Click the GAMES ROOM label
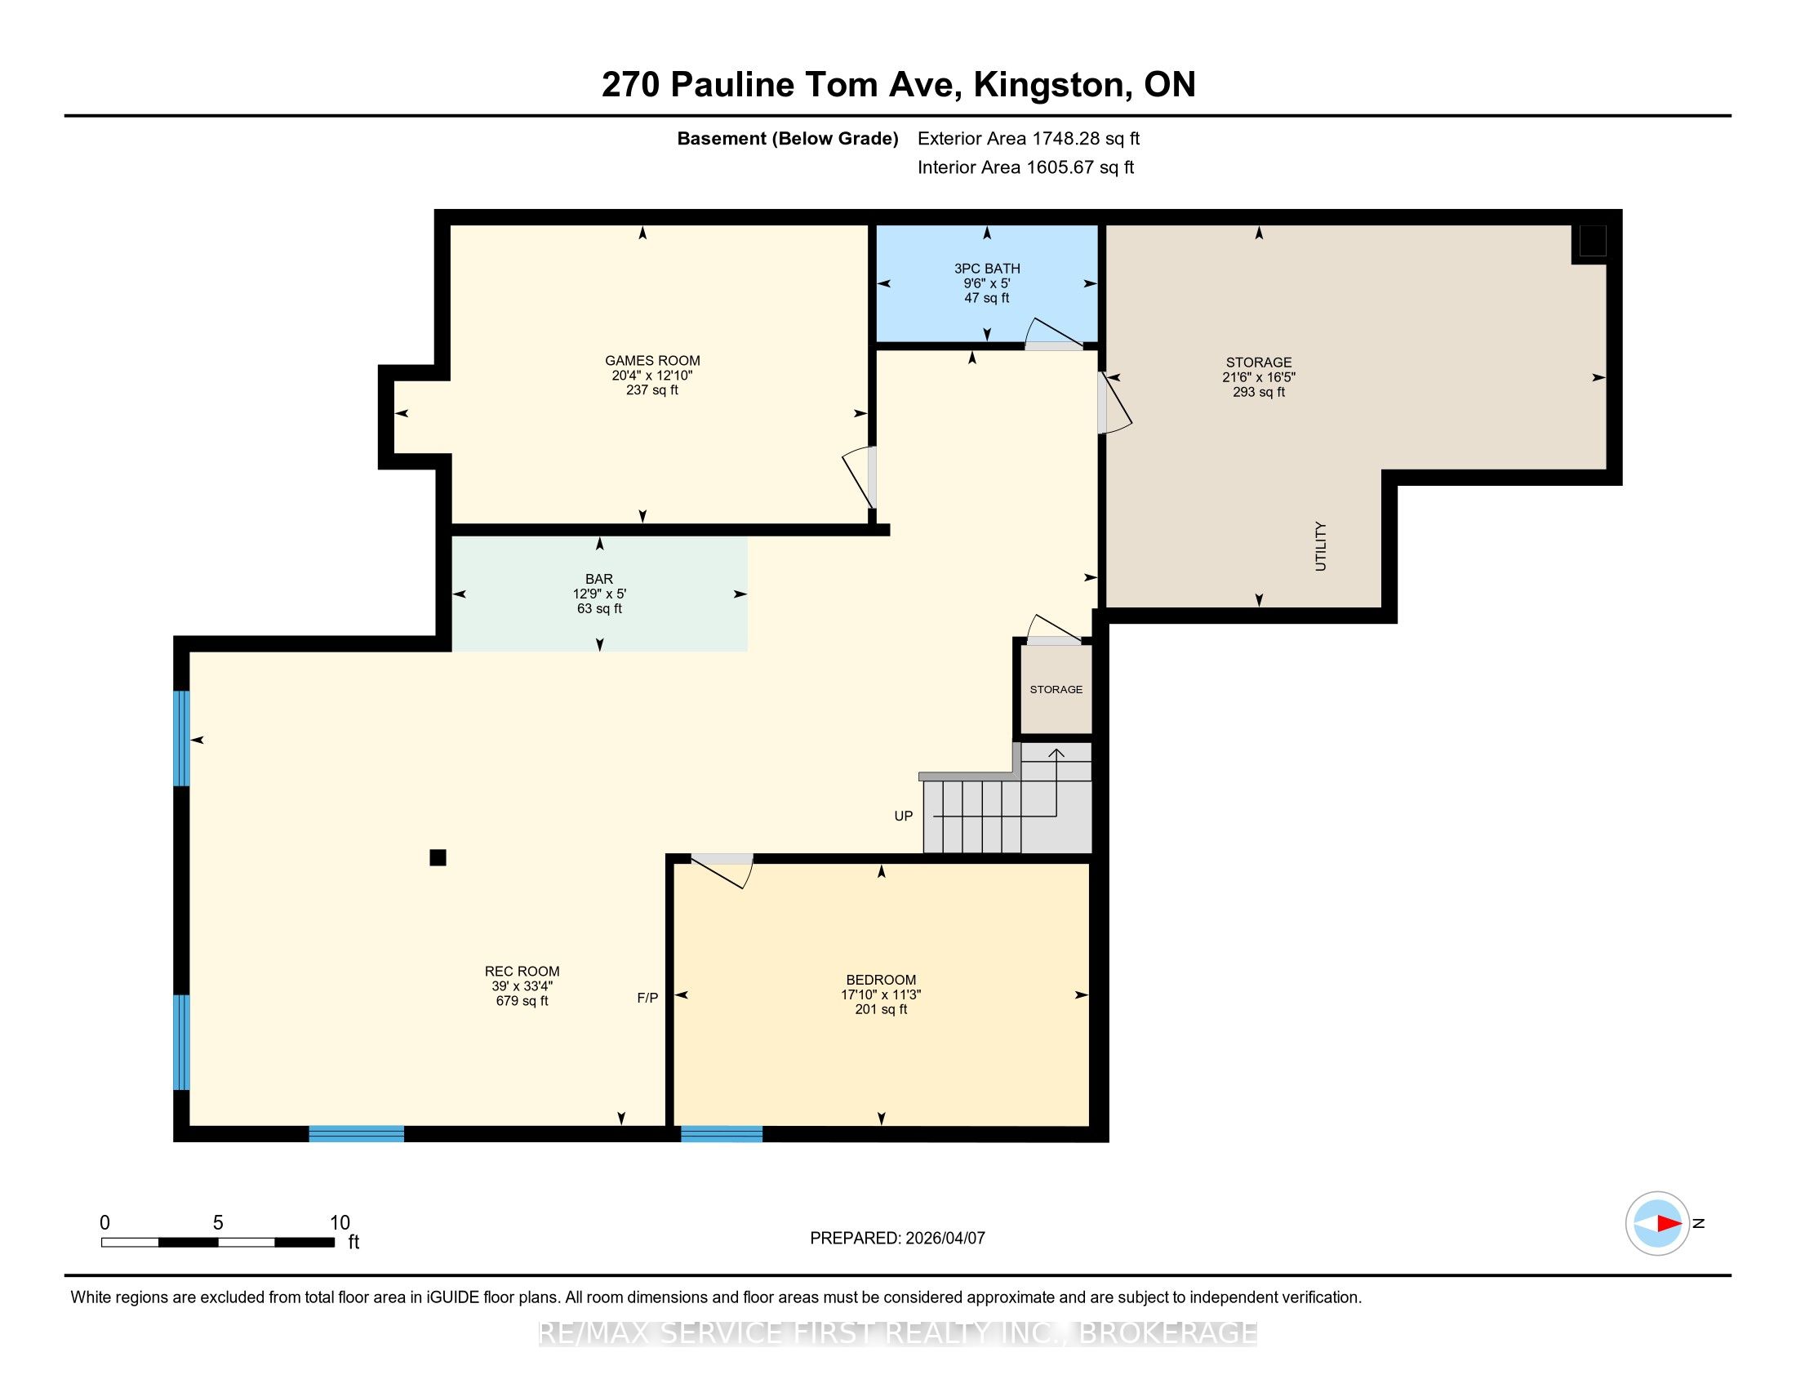[x=652, y=360]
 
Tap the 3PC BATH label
[x=987, y=268]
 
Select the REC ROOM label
[x=522, y=971]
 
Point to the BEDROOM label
[x=881, y=979]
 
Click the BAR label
[x=599, y=579]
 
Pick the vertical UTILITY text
[x=1320, y=546]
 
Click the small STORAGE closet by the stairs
[x=1056, y=689]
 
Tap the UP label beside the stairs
[x=903, y=816]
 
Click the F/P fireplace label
[x=647, y=998]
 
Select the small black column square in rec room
[x=438, y=857]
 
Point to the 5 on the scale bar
[x=218, y=1223]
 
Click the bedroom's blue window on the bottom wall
[x=721, y=1134]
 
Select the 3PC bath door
[x=1053, y=334]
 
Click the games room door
[x=859, y=478]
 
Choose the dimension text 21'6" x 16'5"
[x=1258, y=377]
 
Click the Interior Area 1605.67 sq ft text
[x=1025, y=167]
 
